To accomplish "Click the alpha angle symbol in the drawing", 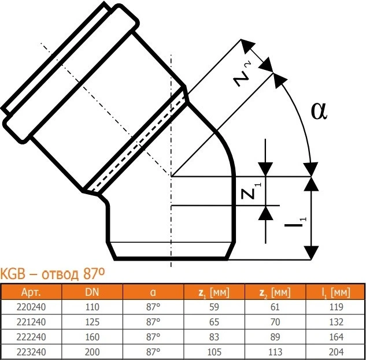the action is click(319, 112).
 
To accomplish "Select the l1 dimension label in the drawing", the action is click(295, 222).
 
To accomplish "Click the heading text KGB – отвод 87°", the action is click(52, 274).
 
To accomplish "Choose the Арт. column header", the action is click(31, 292).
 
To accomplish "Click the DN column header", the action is click(92, 292).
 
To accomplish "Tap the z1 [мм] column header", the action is click(214, 292).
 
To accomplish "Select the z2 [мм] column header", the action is click(275, 292).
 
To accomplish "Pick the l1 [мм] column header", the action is click(336, 292).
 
